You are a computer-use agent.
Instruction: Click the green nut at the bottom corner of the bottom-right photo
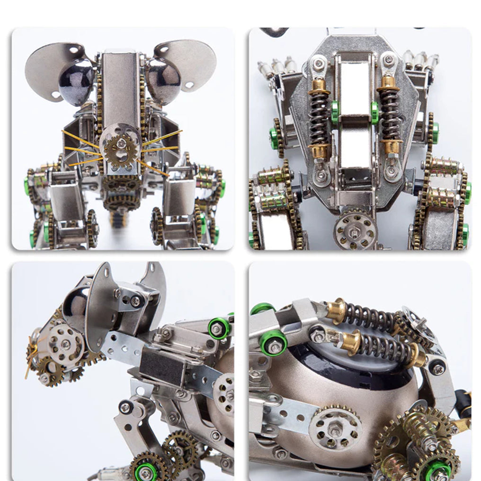tap(437, 472)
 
